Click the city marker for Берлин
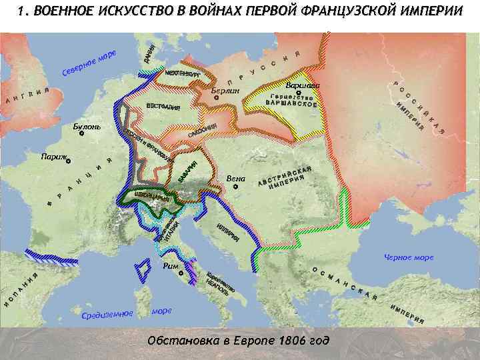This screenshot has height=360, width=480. click(x=216, y=98)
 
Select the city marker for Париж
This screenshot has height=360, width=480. click(x=68, y=161)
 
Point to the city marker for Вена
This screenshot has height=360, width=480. click(x=235, y=187)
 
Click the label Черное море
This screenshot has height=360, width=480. click(x=409, y=257)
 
